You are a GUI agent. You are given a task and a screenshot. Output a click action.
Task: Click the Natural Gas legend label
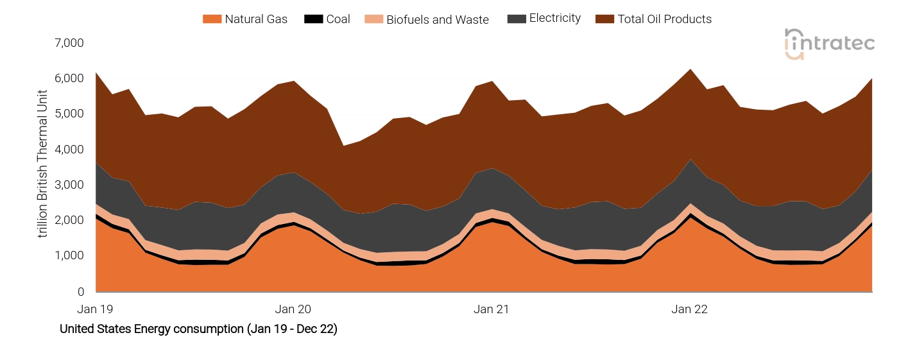tap(255, 19)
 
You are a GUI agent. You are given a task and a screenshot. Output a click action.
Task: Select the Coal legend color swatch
tap(314, 19)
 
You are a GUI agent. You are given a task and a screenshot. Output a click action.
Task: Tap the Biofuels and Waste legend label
tap(437, 19)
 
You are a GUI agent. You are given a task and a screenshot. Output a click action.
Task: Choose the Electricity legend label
tap(554, 19)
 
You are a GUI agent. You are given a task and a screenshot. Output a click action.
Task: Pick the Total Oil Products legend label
tap(664, 19)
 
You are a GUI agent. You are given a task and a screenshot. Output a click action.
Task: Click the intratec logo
tap(829, 44)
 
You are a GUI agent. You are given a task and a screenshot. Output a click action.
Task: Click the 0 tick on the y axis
tap(80, 292)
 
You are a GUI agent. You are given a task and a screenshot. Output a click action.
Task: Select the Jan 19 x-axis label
tap(95, 309)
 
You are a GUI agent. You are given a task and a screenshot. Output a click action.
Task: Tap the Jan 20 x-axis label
tap(293, 309)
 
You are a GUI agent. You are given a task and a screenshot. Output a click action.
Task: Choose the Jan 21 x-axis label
tap(491, 309)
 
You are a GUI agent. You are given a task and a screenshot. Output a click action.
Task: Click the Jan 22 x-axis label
tap(689, 309)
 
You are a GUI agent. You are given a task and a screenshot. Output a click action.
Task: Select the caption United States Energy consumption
tap(198, 329)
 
